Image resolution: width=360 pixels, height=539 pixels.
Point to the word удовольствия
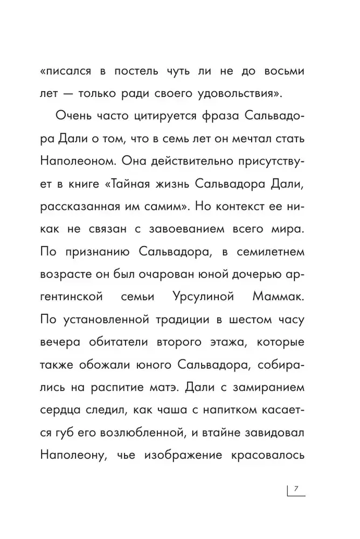246,95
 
